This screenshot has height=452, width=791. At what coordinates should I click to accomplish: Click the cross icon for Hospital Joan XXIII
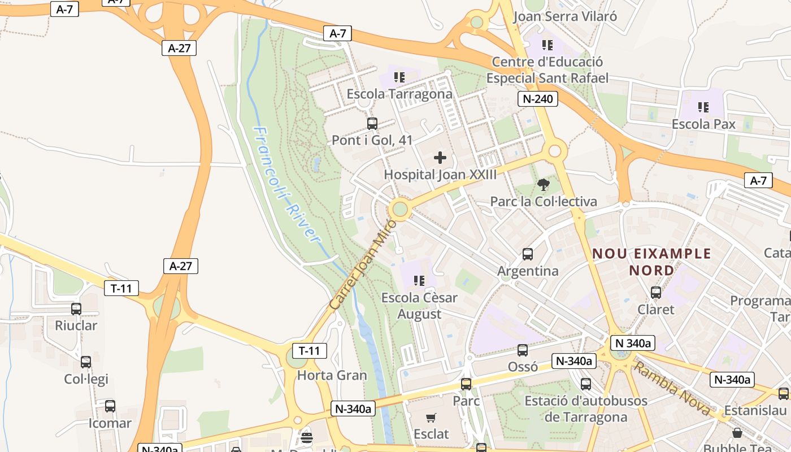coord(440,158)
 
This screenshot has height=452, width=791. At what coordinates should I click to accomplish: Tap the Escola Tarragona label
coord(399,94)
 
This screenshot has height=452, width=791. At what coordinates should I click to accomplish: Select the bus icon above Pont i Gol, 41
coord(372,124)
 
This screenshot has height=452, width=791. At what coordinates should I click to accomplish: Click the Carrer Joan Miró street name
coord(363,264)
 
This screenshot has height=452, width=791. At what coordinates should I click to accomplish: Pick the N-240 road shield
coord(538,99)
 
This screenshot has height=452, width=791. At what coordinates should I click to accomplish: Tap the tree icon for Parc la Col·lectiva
coord(543,184)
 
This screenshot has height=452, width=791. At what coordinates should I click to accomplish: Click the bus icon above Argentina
coord(527,254)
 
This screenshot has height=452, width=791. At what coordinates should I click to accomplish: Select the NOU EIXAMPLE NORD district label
coord(651,262)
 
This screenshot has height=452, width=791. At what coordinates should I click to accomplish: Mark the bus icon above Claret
coord(656,293)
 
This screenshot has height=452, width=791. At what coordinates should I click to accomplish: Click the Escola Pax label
coord(703,124)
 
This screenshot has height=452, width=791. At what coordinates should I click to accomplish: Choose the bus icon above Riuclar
coord(76,308)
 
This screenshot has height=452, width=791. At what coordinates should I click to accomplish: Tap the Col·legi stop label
coord(86,379)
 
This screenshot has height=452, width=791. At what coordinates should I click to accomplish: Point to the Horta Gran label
coord(332,375)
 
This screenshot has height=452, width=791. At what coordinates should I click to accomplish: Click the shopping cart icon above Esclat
coord(431,418)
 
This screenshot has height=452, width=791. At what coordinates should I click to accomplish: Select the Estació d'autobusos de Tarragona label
coord(586,409)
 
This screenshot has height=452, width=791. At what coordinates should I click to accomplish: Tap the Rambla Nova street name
coord(672,389)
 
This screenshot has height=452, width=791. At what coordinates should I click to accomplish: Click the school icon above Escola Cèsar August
coord(419,280)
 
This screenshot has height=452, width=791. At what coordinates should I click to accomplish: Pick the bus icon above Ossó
coord(523,350)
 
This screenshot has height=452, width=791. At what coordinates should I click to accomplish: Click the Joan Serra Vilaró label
coord(564,16)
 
